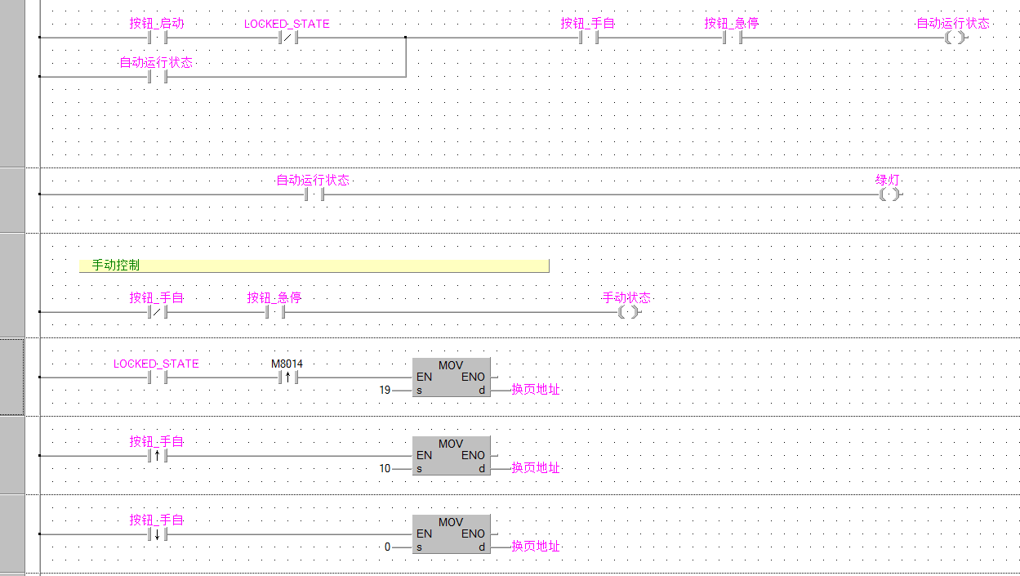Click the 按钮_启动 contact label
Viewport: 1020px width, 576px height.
[x=157, y=24]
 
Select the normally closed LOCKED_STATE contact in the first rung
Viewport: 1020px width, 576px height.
[x=287, y=38]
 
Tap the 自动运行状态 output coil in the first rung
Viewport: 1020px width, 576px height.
[x=953, y=38]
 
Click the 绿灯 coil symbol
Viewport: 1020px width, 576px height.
[x=889, y=194]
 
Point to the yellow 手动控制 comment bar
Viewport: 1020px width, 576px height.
[x=314, y=266]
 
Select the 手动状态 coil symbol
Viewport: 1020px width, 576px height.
[x=626, y=312]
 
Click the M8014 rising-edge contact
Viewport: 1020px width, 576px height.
[x=287, y=377]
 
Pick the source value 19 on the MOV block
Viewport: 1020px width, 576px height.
[x=385, y=391]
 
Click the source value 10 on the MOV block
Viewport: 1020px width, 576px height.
[x=385, y=469]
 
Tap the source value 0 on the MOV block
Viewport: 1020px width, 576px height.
[x=388, y=547]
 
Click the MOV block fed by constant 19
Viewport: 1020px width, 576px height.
[x=451, y=377]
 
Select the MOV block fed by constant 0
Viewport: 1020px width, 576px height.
[x=451, y=534]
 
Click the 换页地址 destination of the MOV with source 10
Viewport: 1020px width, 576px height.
[x=536, y=468]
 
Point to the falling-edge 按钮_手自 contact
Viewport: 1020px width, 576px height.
[x=157, y=535]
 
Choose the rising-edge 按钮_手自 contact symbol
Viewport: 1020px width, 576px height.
[x=157, y=456]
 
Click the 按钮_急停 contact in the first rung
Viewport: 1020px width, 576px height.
[x=732, y=38]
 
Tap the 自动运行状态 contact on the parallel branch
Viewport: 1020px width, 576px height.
[x=157, y=77]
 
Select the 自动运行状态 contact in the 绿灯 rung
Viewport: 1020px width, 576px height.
[x=314, y=194]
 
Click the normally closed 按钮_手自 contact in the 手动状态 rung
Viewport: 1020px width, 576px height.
[x=157, y=312]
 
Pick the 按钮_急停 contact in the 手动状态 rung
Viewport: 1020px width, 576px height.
[x=274, y=312]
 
